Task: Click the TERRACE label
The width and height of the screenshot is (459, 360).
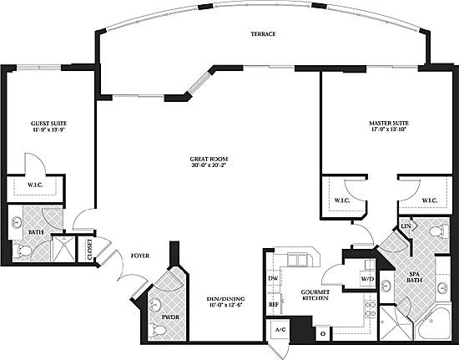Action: (263, 34)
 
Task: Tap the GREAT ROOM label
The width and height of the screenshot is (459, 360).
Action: (209, 159)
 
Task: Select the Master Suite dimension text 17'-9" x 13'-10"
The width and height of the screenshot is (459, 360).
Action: (388, 129)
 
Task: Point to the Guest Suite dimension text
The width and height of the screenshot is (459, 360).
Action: (49, 129)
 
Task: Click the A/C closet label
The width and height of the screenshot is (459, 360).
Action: (280, 330)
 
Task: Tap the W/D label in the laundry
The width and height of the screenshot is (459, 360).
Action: (367, 279)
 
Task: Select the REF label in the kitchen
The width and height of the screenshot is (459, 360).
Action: (274, 305)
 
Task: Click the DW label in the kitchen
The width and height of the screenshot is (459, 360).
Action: (273, 279)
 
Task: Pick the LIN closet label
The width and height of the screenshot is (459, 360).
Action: (406, 226)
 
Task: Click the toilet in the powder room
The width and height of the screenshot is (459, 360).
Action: (157, 330)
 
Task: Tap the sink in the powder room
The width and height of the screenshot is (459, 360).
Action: (155, 305)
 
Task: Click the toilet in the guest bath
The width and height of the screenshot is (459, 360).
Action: (22, 251)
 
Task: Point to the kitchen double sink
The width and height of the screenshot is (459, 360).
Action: (297, 260)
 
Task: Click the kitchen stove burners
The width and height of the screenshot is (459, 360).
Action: (370, 309)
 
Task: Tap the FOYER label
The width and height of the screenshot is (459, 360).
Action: (140, 256)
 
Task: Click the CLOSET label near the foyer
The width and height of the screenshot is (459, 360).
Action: (89, 249)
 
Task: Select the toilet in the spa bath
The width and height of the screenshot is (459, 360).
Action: (440, 231)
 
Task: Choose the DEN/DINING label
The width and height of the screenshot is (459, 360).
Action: (225, 299)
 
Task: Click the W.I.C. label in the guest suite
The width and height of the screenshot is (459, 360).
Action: (35, 185)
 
